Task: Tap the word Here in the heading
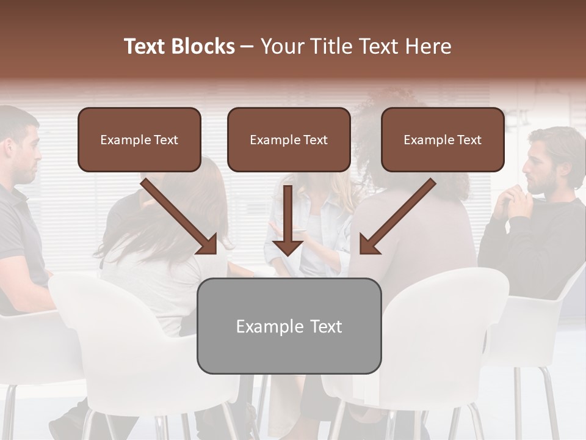430,46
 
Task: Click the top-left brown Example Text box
139,140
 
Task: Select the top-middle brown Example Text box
289,140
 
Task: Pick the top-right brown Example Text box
443,140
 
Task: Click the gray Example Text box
289,326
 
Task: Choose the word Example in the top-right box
425,140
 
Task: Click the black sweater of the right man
537,244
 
